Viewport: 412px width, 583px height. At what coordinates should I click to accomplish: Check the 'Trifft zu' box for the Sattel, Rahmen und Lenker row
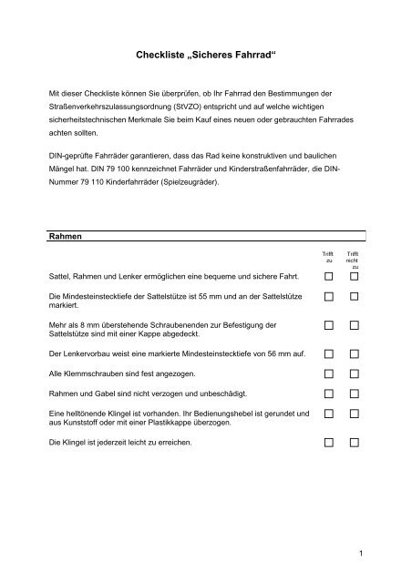[x=328, y=276]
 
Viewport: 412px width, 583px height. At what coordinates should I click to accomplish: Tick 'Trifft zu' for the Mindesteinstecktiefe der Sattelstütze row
[x=328, y=298]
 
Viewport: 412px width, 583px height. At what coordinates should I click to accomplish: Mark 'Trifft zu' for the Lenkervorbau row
[x=328, y=352]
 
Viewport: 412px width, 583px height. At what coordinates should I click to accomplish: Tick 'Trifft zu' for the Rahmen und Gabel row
[x=328, y=394]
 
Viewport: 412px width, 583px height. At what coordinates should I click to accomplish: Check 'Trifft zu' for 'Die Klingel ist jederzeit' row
[x=328, y=444]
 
